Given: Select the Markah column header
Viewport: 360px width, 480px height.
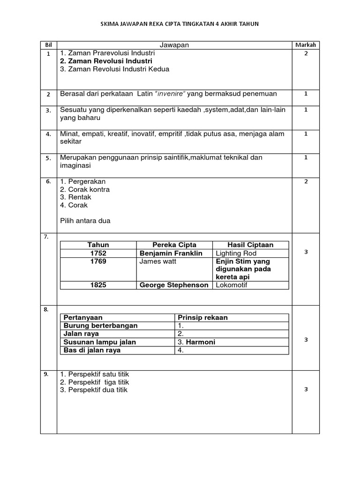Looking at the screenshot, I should click(306, 45).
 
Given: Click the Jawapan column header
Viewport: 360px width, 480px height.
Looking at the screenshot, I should click(174, 45).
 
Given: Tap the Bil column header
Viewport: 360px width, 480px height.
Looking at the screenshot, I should click(48, 45).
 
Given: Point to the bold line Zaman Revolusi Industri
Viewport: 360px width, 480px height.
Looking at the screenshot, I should click(106, 61).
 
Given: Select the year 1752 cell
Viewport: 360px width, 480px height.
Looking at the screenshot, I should click(98, 253).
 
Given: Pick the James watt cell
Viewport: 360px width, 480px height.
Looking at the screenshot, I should click(158, 261).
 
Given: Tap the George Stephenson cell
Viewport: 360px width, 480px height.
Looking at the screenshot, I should click(174, 285).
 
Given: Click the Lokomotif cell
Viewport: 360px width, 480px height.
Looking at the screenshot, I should click(231, 285).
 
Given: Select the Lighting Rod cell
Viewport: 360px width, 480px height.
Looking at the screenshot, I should click(236, 253).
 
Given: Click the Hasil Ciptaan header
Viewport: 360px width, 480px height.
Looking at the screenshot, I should click(250, 245).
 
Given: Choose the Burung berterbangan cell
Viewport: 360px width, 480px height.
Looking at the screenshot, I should click(100, 325).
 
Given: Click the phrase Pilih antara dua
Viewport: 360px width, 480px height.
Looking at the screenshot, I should click(85, 221).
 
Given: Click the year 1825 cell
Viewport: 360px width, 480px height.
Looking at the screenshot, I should click(98, 285).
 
